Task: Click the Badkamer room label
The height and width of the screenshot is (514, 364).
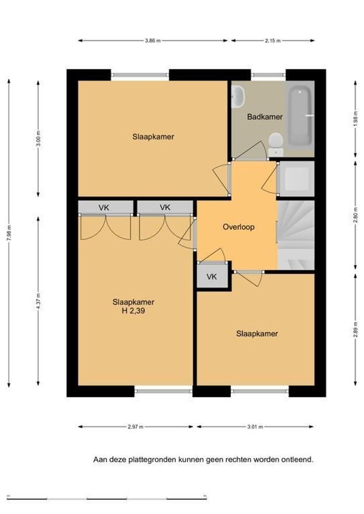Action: pos(264,117)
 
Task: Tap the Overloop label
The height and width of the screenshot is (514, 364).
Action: pos(238,227)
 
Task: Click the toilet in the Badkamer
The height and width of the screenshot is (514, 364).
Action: pos(276,145)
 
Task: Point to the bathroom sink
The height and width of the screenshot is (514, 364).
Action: pos(238,97)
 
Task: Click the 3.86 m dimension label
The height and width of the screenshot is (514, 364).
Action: pos(153,41)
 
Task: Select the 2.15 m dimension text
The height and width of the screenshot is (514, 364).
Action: pos(273,41)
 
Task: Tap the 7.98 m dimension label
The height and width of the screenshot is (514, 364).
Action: pos(9,233)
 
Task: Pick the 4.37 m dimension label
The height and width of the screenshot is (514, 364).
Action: pos(38,301)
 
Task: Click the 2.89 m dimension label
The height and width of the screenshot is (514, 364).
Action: pos(355,329)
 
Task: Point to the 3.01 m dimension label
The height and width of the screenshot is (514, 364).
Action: pos(255,427)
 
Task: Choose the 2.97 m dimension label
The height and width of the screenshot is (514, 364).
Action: pos(136,427)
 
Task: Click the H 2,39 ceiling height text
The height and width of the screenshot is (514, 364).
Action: pos(133,311)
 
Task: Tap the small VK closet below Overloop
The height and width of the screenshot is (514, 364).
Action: pos(212,277)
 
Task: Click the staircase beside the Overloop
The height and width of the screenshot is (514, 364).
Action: pos(296,235)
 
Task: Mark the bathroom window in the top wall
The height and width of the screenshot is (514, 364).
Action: pos(269,75)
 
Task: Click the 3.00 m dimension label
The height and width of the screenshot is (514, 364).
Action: pos(38,138)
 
